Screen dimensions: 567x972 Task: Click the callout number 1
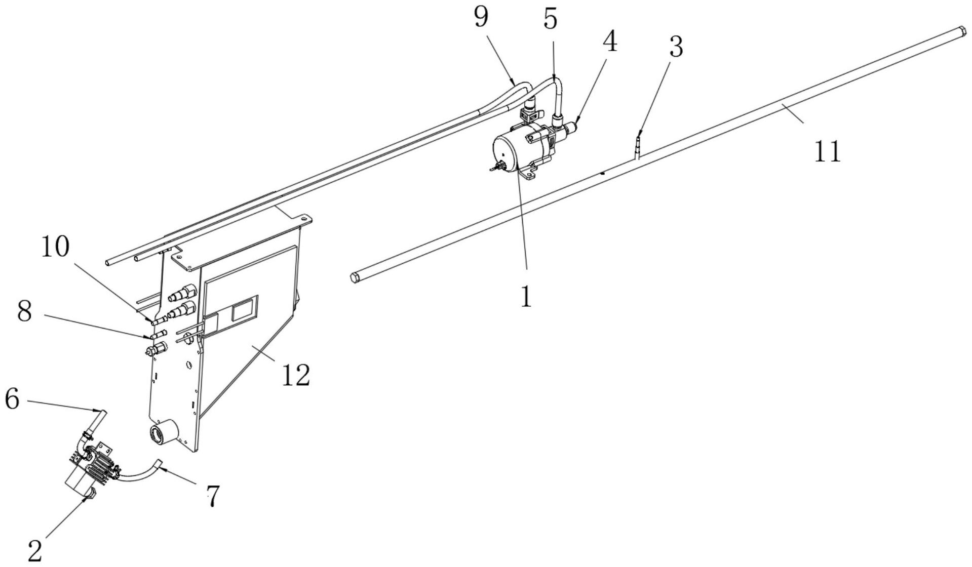click(527, 296)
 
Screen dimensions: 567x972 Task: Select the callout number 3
click(676, 47)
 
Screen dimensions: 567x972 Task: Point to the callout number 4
click(610, 42)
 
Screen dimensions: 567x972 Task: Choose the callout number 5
click(550, 19)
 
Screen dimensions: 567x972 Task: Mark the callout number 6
click(12, 399)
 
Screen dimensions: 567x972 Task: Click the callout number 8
click(24, 312)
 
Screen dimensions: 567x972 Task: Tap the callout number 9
click(481, 17)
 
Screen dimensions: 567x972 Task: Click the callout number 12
click(295, 375)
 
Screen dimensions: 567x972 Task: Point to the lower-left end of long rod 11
click(355, 277)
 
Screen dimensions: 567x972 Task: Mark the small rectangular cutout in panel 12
click(244, 311)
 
